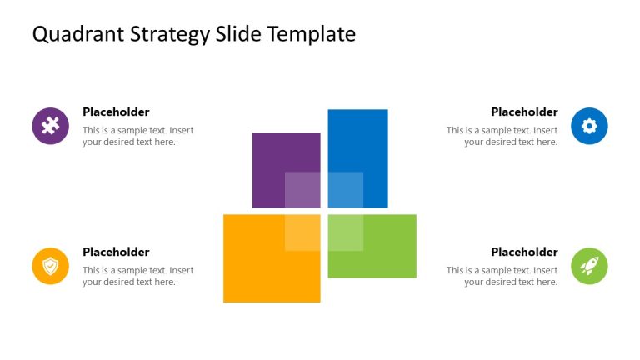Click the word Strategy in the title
169,35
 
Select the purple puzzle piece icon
50,126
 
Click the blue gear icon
589,126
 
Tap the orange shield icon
50,266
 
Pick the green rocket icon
589,266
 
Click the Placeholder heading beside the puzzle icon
116,112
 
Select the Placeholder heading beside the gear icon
524,112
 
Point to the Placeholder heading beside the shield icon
116,252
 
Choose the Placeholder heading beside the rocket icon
524,252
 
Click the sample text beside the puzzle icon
137,136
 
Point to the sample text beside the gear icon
502,136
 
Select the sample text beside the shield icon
137,276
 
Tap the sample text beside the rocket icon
502,276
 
